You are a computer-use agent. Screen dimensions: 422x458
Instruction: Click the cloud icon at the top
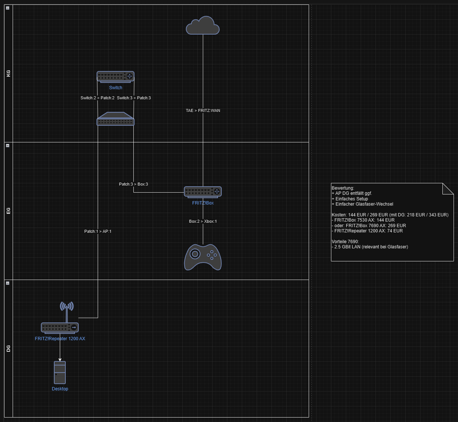pyautogui.click(x=203, y=26)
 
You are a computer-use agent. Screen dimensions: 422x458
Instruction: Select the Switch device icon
pyautogui.click(x=116, y=77)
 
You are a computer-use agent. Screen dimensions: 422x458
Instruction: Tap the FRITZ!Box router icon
pyautogui.click(x=203, y=192)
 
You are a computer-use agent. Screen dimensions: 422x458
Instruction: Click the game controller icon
pyautogui.click(x=203, y=257)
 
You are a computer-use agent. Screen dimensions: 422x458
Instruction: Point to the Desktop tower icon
pyautogui.click(x=60, y=373)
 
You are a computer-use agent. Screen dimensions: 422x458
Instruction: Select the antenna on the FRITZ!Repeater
pyautogui.click(x=67, y=309)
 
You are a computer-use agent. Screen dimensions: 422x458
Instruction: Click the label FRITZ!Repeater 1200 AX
pyautogui.click(x=60, y=339)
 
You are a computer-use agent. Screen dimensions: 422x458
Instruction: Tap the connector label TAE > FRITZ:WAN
pyautogui.click(x=203, y=110)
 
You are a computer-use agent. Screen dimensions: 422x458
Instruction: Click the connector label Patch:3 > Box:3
pyautogui.click(x=133, y=184)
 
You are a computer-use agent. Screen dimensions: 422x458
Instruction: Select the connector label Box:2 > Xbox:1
pyautogui.click(x=203, y=221)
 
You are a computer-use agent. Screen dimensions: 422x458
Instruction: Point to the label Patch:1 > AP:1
pyautogui.click(x=98, y=231)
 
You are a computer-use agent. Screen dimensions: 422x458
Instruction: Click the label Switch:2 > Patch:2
pyautogui.click(x=97, y=98)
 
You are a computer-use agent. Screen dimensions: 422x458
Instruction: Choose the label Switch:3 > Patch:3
pyautogui.click(x=134, y=98)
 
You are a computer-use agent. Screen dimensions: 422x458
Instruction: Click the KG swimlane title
pyautogui.click(x=9, y=73)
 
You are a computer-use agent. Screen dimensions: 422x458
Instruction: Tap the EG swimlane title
pyautogui.click(x=9, y=211)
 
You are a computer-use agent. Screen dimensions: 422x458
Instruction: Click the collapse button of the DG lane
pyautogui.click(x=7, y=283)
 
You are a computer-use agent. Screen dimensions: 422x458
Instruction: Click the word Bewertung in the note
pyautogui.click(x=342, y=188)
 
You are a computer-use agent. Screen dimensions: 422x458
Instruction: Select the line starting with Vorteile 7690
pyautogui.click(x=345, y=242)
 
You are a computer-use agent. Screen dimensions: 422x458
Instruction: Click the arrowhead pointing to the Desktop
pyautogui.click(x=60, y=360)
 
